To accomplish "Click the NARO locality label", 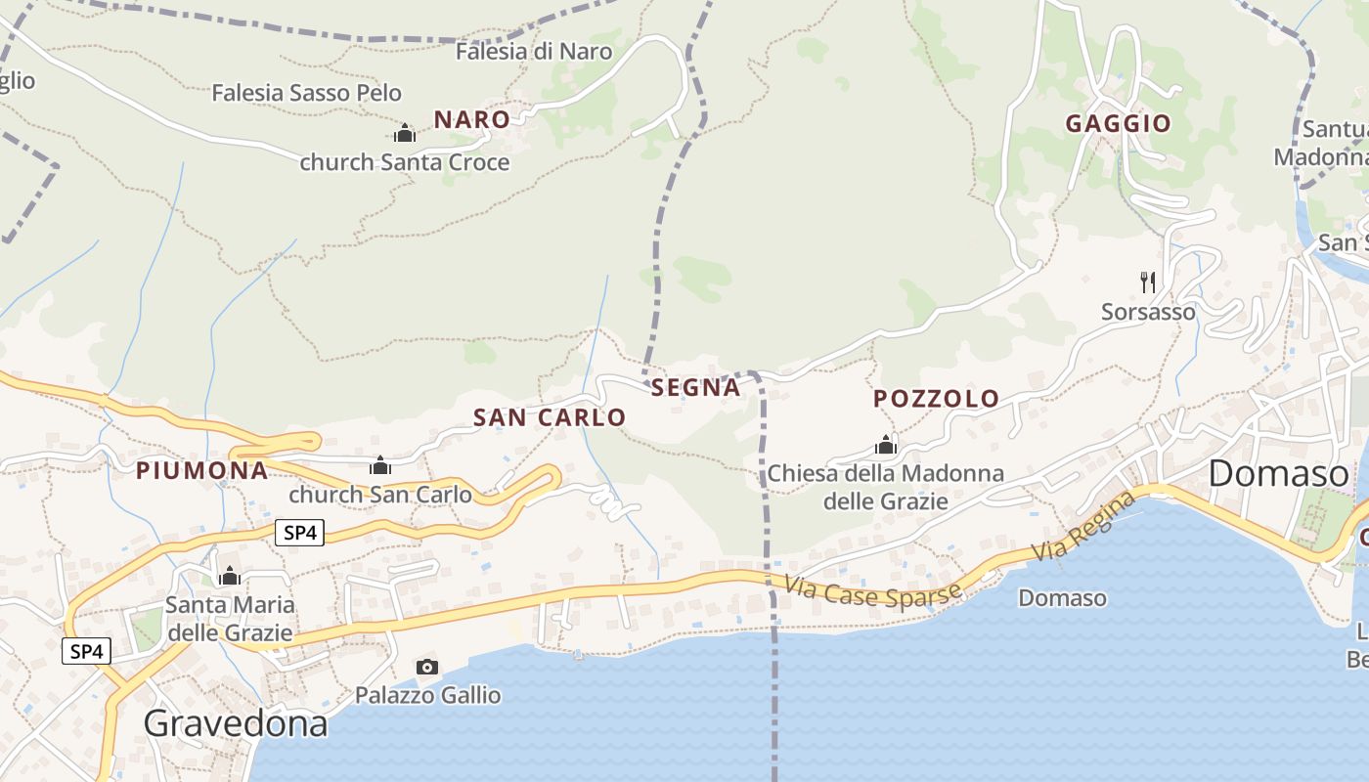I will (x=471, y=120).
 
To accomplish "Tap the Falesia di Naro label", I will (x=534, y=52).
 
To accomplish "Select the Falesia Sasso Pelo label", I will (x=307, y=94).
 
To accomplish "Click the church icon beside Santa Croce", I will (x=405, y=133).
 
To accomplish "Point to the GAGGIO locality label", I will (x=1118, y=123).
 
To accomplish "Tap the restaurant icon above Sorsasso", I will (x=1148, y=282).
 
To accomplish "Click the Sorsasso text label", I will (x=1148, y=312).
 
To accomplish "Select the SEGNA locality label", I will (x=696, y=388).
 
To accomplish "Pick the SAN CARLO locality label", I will (x=550, y=417).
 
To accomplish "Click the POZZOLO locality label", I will (x=936, y=399).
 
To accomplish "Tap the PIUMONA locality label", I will (x=201, y=470).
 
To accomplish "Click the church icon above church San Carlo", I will (x=380, y=466).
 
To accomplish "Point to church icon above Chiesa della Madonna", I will (x=886, y=446).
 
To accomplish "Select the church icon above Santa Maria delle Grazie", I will (x=230, y=576).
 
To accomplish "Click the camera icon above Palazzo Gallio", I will (x=427, y=667).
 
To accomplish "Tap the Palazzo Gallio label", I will (x=427, y=695).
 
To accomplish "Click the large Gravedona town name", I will (x=235, y=723).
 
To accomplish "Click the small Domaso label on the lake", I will (x=1062, y=597).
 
